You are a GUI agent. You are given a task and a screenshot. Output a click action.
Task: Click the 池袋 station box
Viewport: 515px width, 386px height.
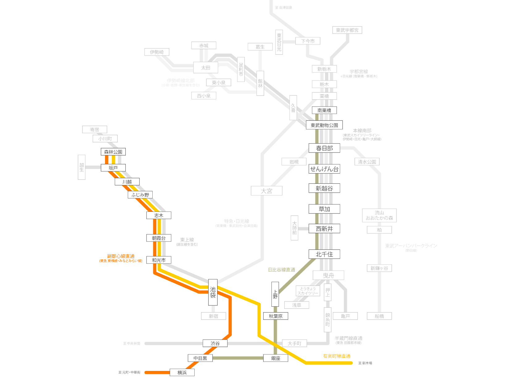(213, 292)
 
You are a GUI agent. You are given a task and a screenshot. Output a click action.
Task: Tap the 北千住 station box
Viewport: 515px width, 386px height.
(324, 254)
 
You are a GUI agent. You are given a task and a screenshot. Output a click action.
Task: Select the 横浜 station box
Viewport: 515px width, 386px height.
(182, 372)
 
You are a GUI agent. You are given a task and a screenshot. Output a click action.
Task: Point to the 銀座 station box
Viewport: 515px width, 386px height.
(276, 358)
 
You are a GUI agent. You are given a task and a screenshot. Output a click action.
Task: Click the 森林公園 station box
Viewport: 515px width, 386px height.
(113, 152)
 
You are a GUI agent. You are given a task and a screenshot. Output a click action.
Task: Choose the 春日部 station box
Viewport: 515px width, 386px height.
(324, 148)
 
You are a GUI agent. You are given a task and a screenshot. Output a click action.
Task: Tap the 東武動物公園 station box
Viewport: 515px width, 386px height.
(324, 125)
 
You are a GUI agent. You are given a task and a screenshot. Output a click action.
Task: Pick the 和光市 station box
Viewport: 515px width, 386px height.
(159, 260)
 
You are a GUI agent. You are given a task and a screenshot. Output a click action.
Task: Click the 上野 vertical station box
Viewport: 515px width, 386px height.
(275, 294)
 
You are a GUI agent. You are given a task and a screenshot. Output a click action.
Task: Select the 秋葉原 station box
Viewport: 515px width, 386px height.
(276, 316)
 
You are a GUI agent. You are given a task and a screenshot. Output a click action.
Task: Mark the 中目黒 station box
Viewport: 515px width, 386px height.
(200, 358)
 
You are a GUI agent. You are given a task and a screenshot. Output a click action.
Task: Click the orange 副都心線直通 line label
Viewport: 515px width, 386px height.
(121, 256)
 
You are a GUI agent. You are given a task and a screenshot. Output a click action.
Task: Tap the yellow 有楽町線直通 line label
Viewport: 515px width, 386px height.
(337, 356)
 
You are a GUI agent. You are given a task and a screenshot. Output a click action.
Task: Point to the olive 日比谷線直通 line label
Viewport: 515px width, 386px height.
(281, 270)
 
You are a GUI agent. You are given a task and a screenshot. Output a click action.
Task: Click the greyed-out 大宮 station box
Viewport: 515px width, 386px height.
(267, 191)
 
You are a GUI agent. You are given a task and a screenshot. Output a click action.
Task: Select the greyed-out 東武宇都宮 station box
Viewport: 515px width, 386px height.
(347, 30)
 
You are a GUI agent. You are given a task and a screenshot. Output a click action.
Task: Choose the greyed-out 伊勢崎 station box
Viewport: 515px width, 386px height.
(157, 52)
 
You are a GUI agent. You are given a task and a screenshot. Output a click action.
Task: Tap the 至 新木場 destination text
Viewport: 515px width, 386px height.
(365, 363)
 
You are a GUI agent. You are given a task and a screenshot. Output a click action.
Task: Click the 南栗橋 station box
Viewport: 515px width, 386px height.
(324, 110)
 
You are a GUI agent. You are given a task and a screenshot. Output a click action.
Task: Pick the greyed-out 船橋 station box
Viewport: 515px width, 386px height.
(379, 316)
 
